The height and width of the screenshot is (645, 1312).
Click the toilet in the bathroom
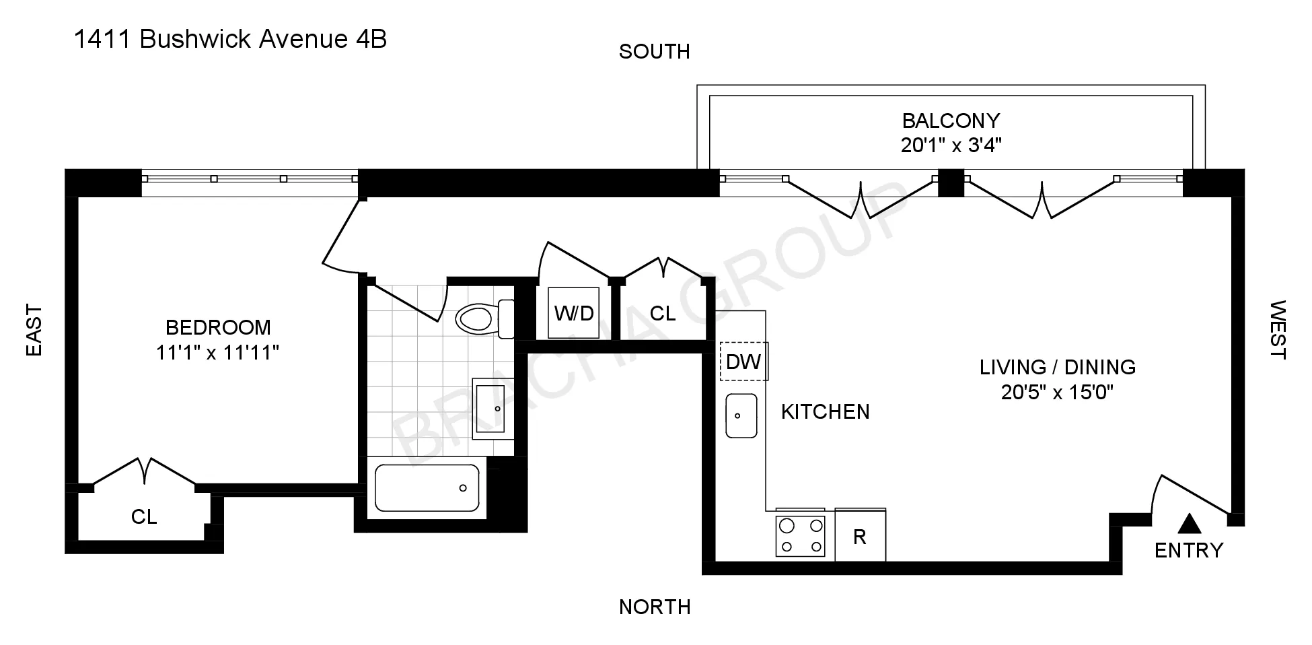click(x=479, y=318)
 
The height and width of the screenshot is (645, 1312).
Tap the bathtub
click(x=427, y=487)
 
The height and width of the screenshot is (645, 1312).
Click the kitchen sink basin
click(x=741, y=415)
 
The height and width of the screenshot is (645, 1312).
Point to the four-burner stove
click(x=800, y=536)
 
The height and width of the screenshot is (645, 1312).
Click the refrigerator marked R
click(x=860, y=537)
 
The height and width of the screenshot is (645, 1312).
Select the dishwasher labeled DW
click(x=743, y=362)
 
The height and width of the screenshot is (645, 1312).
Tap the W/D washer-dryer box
click(x=574, y=313)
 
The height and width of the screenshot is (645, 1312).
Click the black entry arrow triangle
click(x=1190, y=523)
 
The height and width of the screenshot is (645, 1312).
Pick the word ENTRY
click(x=1189, y=551)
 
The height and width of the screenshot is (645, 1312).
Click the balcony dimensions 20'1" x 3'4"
click(x=951, y=145)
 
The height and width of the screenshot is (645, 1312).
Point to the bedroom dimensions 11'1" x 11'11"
click(x=217, y=352)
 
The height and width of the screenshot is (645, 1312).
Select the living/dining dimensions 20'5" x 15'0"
click(x=1057, y=392)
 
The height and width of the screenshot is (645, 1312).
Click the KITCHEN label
click(x=825, y=411)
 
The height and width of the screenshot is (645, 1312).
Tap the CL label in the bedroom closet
click(x=144, y=516)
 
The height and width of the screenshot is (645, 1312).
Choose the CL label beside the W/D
click(x=663, y=313)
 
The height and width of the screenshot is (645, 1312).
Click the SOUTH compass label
click(x=654, y=52)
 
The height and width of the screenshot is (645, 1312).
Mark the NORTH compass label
click(x=655, y=607)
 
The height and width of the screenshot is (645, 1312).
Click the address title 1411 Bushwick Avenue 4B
click(x=230, y=40)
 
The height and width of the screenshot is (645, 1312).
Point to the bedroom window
click(x=250, y=179)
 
